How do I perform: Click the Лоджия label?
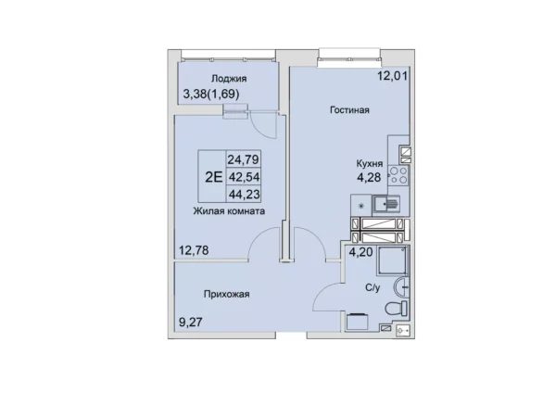(229, 79)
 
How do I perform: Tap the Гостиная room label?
(349, 110)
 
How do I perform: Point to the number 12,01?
(392, 76)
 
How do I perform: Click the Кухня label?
(370, 163)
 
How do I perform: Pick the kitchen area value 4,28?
(369, 177)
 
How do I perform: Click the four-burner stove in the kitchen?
(398, 175)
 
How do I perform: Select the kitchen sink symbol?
(386, 205)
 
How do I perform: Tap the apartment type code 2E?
(214, 177)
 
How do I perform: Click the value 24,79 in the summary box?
(243, 159)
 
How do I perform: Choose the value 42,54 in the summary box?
(244, 177)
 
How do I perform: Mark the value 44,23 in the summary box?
(244, 194)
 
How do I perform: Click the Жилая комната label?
(229, 211)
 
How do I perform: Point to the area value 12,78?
(194, 251)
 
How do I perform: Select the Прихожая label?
(227, 294)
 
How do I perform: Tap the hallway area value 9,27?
(190, 323)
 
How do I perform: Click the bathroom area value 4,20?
(361, 252)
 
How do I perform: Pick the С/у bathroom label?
(373, 287)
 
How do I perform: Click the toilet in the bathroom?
(397, 309)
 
